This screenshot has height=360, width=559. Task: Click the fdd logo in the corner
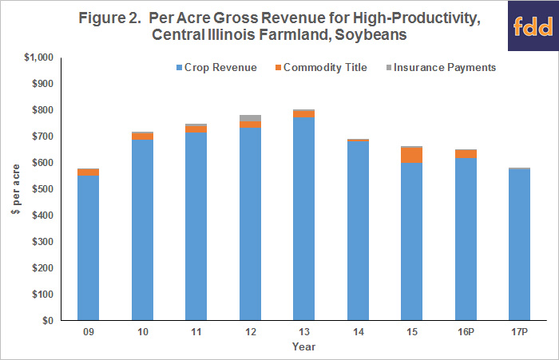533,26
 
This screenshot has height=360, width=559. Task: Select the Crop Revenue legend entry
216,67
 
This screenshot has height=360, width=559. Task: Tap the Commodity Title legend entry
321,67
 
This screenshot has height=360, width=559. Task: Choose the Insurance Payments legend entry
442,67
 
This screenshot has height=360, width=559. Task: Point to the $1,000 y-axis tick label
39,57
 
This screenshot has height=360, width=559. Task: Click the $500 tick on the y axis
43,189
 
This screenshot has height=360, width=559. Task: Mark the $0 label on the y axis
48,320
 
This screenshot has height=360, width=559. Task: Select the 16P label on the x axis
466,332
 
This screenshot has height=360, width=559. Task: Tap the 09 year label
89,332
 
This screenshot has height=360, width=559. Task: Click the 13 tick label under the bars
304,332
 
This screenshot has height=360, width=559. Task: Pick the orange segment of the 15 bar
412,156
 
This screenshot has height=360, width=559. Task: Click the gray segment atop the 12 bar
250,118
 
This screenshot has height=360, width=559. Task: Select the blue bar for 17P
519,244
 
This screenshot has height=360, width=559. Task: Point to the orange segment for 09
88,172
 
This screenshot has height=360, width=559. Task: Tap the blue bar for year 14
358,231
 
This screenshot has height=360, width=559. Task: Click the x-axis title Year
303,346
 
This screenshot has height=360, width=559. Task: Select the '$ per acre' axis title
16,189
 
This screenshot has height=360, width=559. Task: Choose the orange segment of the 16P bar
466,154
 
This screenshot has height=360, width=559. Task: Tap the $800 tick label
43,110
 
